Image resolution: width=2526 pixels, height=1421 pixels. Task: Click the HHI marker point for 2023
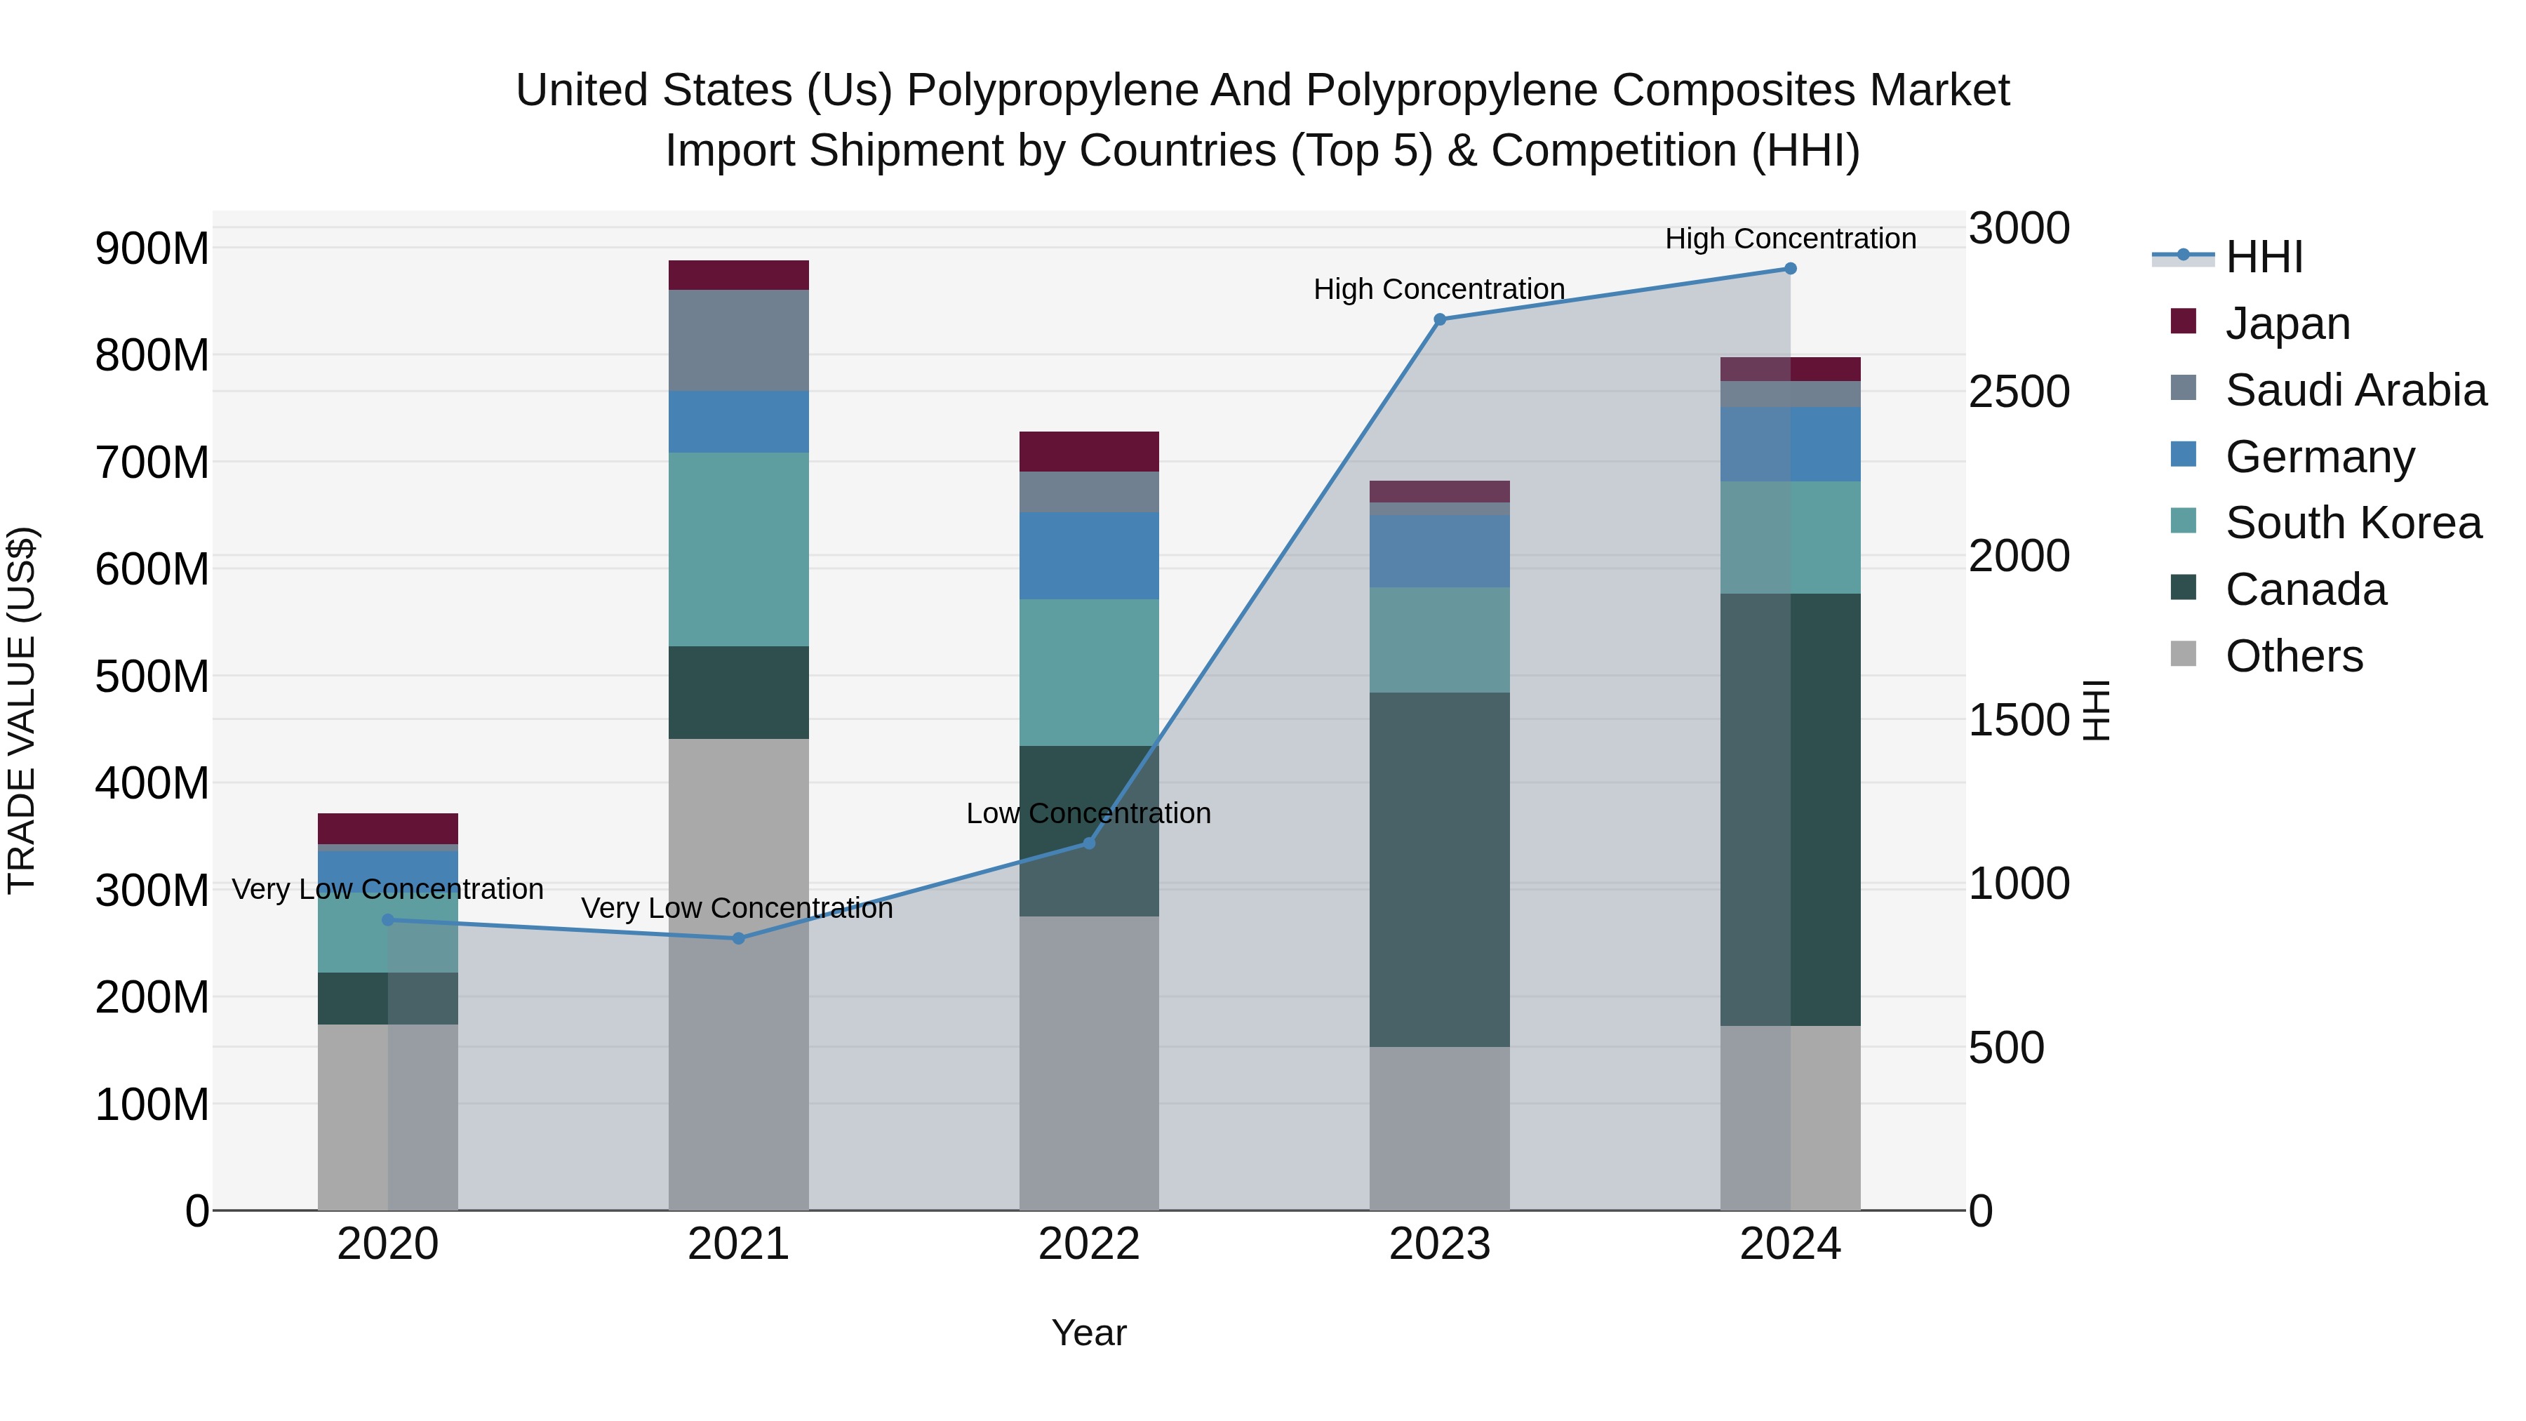pos(1440,319)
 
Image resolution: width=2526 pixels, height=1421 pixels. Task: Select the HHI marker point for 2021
pos(738,938)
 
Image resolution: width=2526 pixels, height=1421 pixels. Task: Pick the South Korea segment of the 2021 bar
pos(738,549)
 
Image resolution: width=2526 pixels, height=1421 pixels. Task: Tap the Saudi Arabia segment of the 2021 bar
pos(738,340)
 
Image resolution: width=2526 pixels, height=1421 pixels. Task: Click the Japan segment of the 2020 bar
pos(387,829)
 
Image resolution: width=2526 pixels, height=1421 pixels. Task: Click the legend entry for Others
pos(2294,656)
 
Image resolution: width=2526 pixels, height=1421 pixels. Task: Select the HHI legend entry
pos(2263,257)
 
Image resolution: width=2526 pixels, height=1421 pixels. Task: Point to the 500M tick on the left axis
pos(152,676)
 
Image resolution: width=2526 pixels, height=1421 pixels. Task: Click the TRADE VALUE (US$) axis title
pos(22,710)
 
